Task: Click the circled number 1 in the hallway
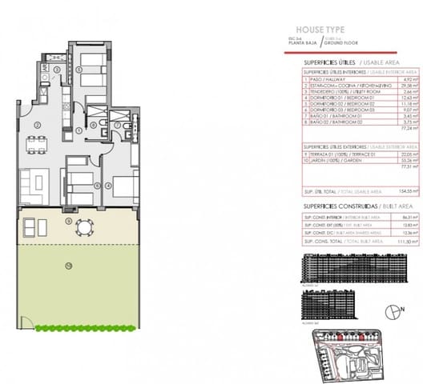point(78,130)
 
